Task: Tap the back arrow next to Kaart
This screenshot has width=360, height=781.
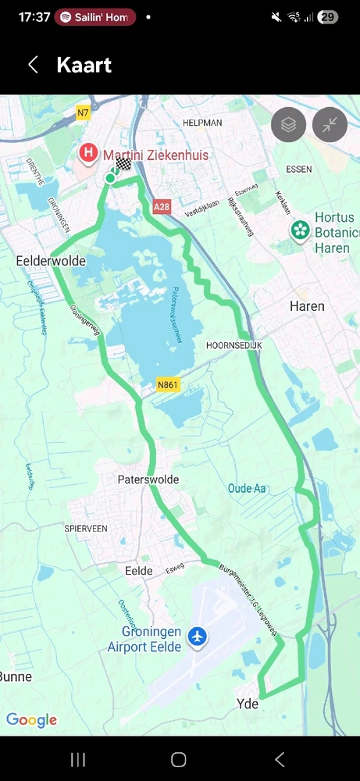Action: coord(33,65)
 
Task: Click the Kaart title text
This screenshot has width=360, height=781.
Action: coord(84,65)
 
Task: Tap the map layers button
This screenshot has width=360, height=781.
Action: coord(289,124)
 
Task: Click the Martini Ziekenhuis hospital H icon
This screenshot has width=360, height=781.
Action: coord(90,152)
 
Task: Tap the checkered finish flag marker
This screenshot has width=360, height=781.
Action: coord(123,164)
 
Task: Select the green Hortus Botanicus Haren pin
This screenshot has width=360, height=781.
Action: coord(298,230)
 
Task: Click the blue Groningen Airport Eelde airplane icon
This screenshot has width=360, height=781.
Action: coord(198,637)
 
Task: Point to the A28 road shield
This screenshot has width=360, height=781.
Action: coord(161,207)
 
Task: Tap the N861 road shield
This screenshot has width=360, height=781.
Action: coord(168,384)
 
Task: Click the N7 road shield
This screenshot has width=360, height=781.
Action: coord(83,112)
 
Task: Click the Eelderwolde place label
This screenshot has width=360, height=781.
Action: coord(51,261)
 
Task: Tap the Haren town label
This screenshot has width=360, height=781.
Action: coord(307,306)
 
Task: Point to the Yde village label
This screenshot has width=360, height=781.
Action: coord(248,704)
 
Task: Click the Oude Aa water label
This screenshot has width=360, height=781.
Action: coord(246,488)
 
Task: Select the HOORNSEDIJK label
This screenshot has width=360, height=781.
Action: coord(233,344)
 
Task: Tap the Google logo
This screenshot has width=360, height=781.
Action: coord(31,720)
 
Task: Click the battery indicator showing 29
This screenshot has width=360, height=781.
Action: coord(328,17)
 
